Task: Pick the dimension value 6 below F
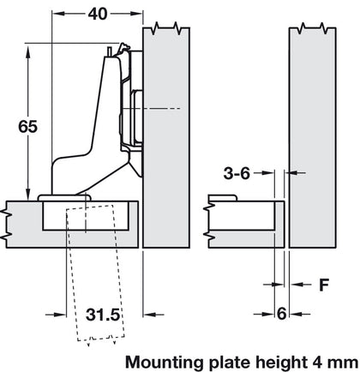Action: pyautogui.click(x=282, y=315)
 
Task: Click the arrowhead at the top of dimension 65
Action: pyautogui.click(x=31, y=46)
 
